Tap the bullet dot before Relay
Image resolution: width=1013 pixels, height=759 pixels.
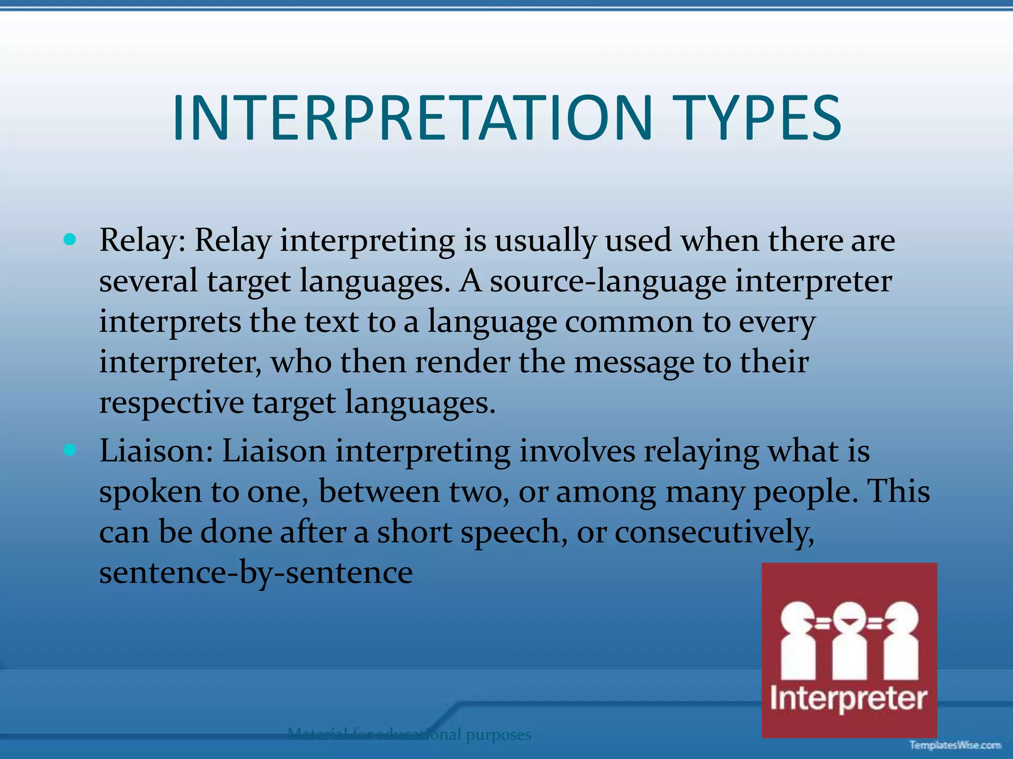pyautogui.click(x=70, y=240)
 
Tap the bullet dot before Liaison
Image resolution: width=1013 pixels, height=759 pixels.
pyautogui.click(x=70, y=450)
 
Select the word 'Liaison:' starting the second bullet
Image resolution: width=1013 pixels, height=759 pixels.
pyautogui.click(x=156, y=451)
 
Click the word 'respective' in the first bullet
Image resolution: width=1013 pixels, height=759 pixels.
pyautogui.click(x=171, y=403)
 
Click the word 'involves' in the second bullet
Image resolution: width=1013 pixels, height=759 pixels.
pyautogui.click(x=577, y=451)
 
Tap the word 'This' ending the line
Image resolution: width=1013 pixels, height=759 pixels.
pyautogui.click(x=899, y=492)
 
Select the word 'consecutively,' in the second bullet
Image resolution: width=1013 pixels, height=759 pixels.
pyautogui.click(x=714, y=533)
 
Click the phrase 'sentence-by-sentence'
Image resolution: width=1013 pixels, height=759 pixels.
pyautogui.click(x=256, y=573)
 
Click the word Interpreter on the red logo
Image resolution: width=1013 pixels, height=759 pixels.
pyautogui.click(x=849, y=699)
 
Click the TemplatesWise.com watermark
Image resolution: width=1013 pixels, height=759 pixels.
pyautogui.click(x=955, y=745)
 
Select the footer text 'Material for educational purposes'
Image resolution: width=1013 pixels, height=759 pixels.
pyautogui.click(x=409, y=734)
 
